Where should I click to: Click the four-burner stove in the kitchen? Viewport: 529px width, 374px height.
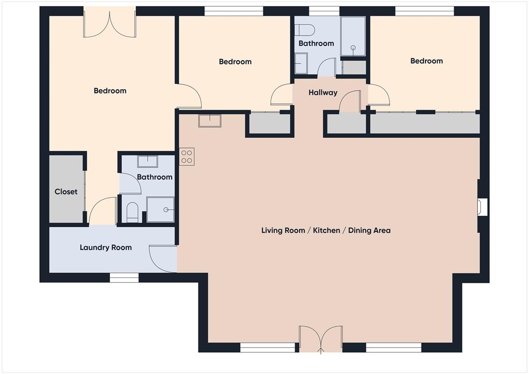click(187, 157)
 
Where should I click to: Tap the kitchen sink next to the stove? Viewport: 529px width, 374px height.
click(210, 120)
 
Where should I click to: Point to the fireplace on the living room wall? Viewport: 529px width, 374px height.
click(481, 207)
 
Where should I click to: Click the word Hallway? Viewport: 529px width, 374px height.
click(323, 93)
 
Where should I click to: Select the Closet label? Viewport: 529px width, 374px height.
click(66, 192)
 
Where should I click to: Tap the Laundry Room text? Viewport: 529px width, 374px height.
click(105, 247)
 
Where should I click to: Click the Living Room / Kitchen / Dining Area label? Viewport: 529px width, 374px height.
click(325, 230)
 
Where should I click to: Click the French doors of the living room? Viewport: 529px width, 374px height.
click(321, 339)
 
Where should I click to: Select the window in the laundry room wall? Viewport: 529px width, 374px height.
click(124, 278)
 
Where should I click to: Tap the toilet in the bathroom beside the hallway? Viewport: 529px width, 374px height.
click(304, 29)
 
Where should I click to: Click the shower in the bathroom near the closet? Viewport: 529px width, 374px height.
click(161, 209)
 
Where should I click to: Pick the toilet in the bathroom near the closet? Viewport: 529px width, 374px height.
click(132, 212)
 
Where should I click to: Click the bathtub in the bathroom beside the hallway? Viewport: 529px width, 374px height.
click(353, 36)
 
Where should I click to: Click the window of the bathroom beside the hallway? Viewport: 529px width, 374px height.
click(324, 11)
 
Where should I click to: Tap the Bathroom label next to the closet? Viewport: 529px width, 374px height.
click(154, 177)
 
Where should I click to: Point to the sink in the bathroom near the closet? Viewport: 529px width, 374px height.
click(148, 161)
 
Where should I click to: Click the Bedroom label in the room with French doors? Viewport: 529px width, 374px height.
click(110, 91)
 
